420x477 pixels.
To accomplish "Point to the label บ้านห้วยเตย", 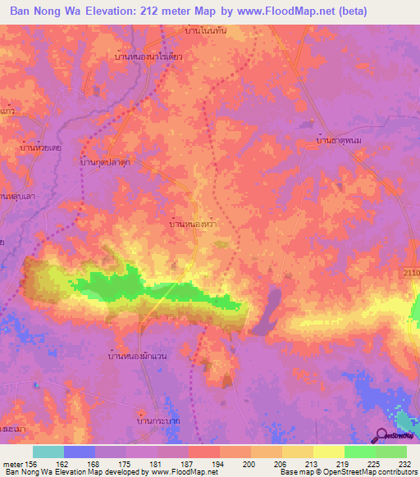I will click(x=41, y=148).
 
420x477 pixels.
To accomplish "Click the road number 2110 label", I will click(x=411, y=271).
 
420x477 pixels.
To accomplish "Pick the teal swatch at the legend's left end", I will click(x=48, y=452).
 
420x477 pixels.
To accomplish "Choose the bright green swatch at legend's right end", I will click(x=390, y=452).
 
